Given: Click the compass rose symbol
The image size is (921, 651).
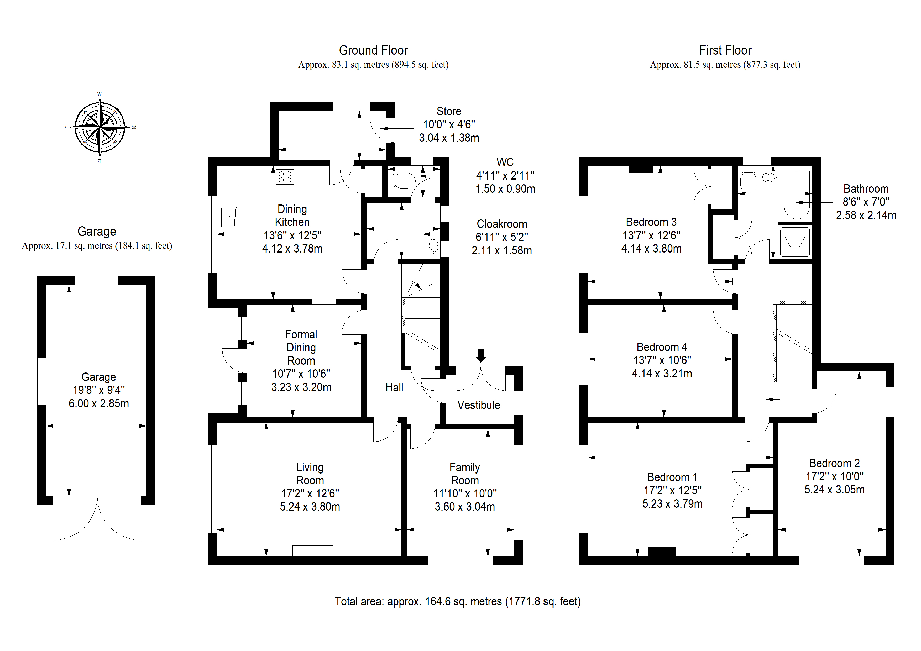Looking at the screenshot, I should (x=100, y=128).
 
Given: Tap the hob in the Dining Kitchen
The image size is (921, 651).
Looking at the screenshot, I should (x=285, y=177).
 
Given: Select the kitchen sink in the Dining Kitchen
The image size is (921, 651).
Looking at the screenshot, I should (x=229, y=217).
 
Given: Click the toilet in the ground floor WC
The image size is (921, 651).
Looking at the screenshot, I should (x=402, y=181).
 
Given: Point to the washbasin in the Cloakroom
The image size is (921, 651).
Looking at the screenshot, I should (x=434, y=245).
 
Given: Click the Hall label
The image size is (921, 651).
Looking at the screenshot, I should (x=394, y=387).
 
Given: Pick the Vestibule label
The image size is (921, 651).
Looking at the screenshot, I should (x=479, y=405).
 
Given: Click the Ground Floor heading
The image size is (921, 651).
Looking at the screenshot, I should (x=373, y=51).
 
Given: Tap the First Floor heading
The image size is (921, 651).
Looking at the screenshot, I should (x=725, y=51).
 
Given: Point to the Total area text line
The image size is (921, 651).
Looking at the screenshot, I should (x=458, y=602).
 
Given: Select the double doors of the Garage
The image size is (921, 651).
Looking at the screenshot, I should (x=97, y=521).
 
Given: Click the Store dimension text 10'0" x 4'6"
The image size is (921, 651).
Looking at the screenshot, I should (x=449, y=125).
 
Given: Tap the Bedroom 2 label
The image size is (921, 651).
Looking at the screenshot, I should (x=834, y=463).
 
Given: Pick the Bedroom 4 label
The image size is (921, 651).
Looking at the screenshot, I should (x=662, y=347).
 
